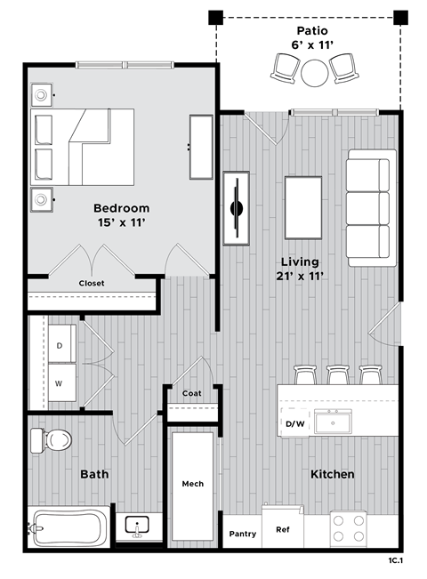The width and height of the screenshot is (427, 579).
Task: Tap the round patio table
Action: (315, 72)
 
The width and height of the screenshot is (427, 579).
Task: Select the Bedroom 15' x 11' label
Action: (121, 215)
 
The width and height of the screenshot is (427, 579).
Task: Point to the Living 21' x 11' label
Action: (300, 269)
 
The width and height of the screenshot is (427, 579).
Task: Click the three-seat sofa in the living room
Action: (368, 206)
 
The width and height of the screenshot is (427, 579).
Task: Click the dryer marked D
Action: (60, 344)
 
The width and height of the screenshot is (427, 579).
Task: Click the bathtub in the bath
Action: (69, 528)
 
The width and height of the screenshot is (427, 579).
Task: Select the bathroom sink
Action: (137, 527)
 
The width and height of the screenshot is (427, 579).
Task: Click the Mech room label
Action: (193, 484)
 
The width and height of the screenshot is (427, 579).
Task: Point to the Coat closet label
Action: (191, 394)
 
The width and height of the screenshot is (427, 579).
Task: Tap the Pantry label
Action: (242, 535)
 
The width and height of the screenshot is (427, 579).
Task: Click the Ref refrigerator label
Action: (283, 529)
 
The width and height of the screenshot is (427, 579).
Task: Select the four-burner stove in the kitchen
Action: (348, 528)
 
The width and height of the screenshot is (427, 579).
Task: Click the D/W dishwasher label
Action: (294, 423)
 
